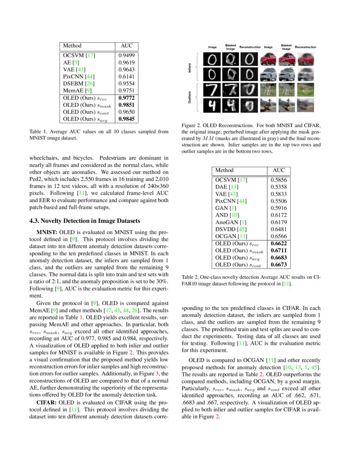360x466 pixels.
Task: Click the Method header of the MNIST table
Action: click(x=72, y=46)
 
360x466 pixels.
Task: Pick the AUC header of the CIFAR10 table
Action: click(x=279, y=170)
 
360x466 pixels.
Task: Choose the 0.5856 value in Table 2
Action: click(x=279, y=180)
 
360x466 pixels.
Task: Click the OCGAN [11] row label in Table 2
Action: click(x=231, y=236)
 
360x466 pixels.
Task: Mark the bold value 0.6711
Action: click(x=279, y=250)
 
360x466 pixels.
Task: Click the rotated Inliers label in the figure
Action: click(x=189, y=68)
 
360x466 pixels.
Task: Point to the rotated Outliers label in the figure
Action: click(x=189, y=97)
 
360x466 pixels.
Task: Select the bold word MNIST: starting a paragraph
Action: click(x=47, y=233)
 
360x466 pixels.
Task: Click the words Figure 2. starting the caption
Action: click(x=191, y=125)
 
